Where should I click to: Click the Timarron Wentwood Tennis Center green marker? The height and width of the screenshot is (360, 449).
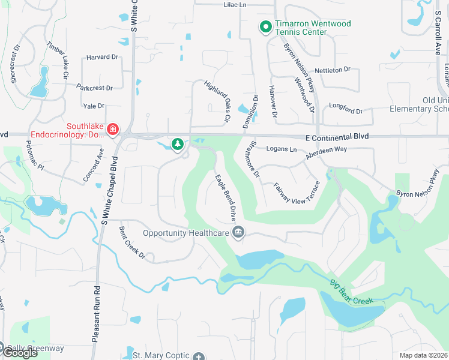pyautogui.click(x=265, y=26)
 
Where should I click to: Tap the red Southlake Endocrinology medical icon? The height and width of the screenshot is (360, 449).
pyautogui.click(x=112, y=129)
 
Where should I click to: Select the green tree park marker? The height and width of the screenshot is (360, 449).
pyautogui.click(x=177, y=144)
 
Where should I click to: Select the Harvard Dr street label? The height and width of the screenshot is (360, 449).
pyautogui.click(x=102, y=57)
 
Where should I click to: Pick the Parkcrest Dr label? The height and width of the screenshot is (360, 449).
pyautogui.click(x=95, y=88)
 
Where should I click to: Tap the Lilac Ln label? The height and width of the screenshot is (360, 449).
pyautogui.click(x=235, y=4)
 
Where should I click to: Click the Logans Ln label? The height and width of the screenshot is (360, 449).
pyautogui.click(x=282, y=149)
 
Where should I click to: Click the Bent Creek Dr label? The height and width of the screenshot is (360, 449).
pyautogui.click(x=132, y=247)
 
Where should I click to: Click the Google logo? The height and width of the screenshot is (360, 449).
pyautogui.click(x=19, y=352)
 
